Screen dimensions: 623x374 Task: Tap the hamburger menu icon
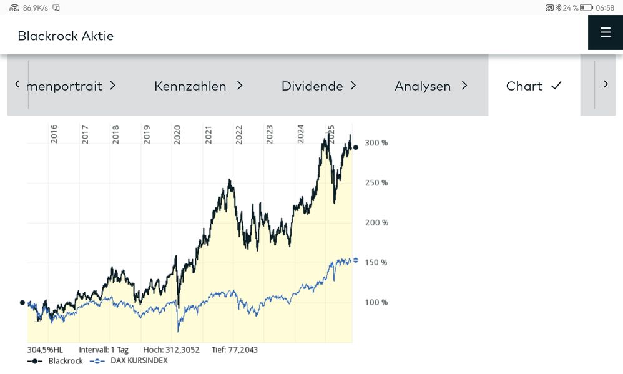(605, 32)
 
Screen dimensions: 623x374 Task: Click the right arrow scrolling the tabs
(606, 84)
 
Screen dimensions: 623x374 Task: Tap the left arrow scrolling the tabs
(17, 84)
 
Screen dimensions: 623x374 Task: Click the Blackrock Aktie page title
(66, 36)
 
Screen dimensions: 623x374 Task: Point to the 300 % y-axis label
(376, 143)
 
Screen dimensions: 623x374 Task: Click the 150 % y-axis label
(376, 262)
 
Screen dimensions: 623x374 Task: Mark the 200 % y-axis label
(376, 222)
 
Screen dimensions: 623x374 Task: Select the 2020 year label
(177, 134)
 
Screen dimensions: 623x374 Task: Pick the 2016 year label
(54, 134)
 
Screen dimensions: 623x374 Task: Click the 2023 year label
(270, 134)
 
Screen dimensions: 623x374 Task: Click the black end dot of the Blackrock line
(356, 147)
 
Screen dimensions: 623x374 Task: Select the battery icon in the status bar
(586, 7)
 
